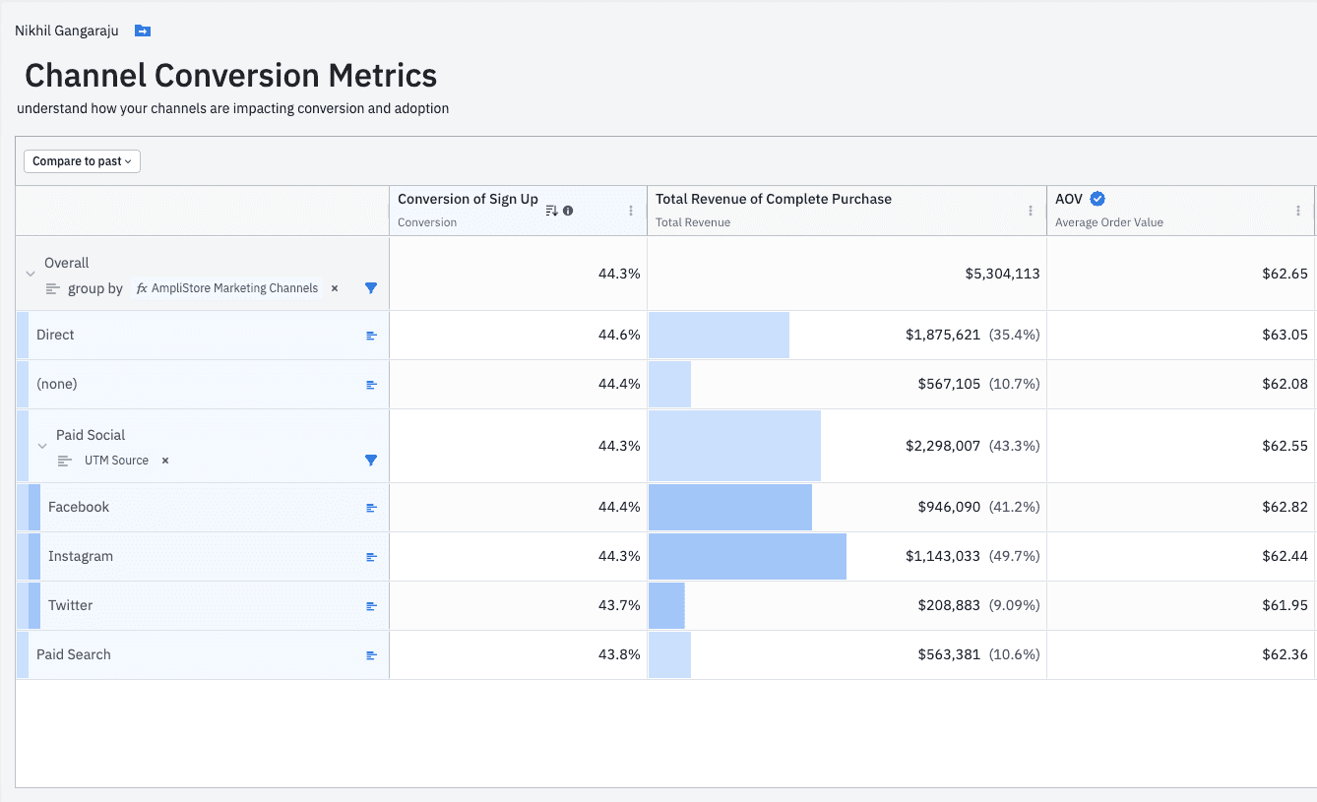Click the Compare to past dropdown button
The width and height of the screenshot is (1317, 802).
tap(82, 161)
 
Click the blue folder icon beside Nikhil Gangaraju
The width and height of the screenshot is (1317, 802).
tap(143, 31)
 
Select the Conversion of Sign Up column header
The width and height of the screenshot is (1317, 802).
tap(468, 199)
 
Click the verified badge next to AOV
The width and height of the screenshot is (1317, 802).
tap(1097, 199)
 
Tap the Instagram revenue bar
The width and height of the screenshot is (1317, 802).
tap(747, 556)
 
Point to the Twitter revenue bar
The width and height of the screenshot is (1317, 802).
tap(666, 605)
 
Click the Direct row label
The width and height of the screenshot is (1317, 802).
tap(55, 335)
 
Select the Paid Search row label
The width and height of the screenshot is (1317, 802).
tap(74, 654)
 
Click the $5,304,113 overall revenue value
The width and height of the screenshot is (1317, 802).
tap(1002, 274)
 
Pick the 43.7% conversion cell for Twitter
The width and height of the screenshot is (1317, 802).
tap(618, 605)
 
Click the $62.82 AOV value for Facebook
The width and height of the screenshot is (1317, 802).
tap(1285, 507)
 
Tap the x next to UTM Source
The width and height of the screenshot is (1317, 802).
tap(165, 461)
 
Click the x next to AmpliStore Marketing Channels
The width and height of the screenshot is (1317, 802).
tap(335, 288)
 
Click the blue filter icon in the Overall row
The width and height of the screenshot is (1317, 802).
tap(371, 288)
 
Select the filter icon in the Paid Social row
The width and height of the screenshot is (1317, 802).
tap(371, 461)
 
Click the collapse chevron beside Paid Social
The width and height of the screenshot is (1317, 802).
tap(42, 446)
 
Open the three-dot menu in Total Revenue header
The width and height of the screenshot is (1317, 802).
tap(1031, 211)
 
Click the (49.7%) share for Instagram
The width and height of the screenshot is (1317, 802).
tap(1014, 556)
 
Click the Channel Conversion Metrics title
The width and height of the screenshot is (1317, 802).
tap(231, 76)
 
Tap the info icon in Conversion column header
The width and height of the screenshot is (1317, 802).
tap(568, 211)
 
